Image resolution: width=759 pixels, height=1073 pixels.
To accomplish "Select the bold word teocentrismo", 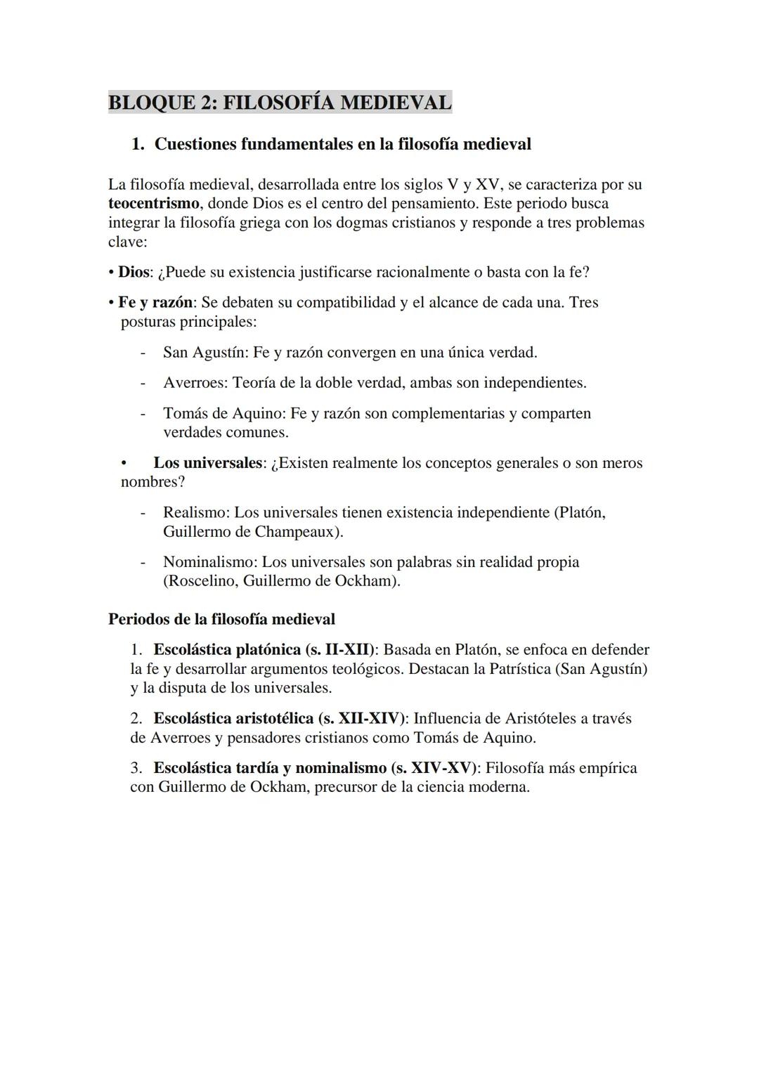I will (155, 204).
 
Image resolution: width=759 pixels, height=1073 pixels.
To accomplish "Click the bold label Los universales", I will (208, 463).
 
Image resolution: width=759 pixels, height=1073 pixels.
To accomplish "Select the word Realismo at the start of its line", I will (195, 513).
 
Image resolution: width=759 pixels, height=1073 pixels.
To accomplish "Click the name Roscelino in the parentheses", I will (201, 582).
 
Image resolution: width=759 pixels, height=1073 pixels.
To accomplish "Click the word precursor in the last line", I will (348, 787).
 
